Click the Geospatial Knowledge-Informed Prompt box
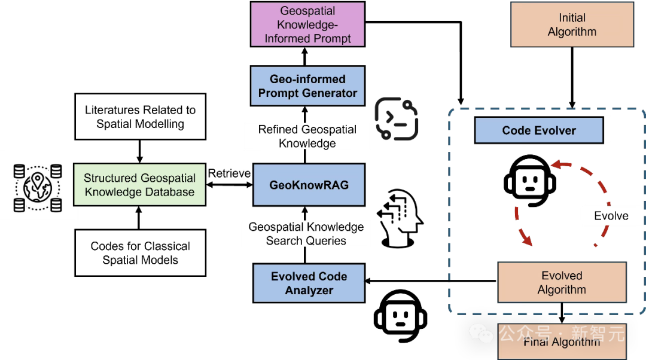pos(307,25)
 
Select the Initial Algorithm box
pos(572,25)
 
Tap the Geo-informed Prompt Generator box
pos(307,86)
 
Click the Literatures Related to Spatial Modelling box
pos(140,117)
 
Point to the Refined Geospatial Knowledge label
pos(307,136)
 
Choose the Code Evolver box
pos(539,130)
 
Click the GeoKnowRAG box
pos(309,185)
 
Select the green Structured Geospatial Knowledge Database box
pos(139,185)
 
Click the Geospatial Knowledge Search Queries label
pos(306,234)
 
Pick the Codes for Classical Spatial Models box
pos(140,253)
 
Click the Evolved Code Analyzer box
pos(309,283)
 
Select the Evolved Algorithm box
pos(562,282)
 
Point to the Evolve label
pos(611,216)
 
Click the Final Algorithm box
pos(562,342)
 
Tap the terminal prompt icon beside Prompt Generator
pos(396,120)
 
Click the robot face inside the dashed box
pos(531,182)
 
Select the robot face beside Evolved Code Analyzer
pos(403,317)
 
